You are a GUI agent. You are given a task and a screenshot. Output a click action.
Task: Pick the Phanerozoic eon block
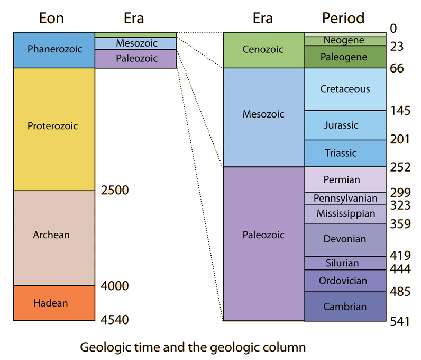(54, 49)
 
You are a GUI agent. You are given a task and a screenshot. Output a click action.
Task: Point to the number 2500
(114, 190)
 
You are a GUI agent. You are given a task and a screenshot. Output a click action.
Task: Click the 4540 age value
(114, 320)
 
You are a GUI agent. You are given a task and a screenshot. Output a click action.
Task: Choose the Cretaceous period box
(345, 89)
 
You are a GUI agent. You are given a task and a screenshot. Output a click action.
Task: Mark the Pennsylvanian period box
(345, 199)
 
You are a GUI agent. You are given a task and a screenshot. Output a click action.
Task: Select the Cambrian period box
(345, 307)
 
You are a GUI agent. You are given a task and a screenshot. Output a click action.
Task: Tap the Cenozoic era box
(263, 49)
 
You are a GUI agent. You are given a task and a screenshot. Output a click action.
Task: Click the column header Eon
(51, 18)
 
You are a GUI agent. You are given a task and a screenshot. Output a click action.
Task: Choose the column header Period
(343, 18)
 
